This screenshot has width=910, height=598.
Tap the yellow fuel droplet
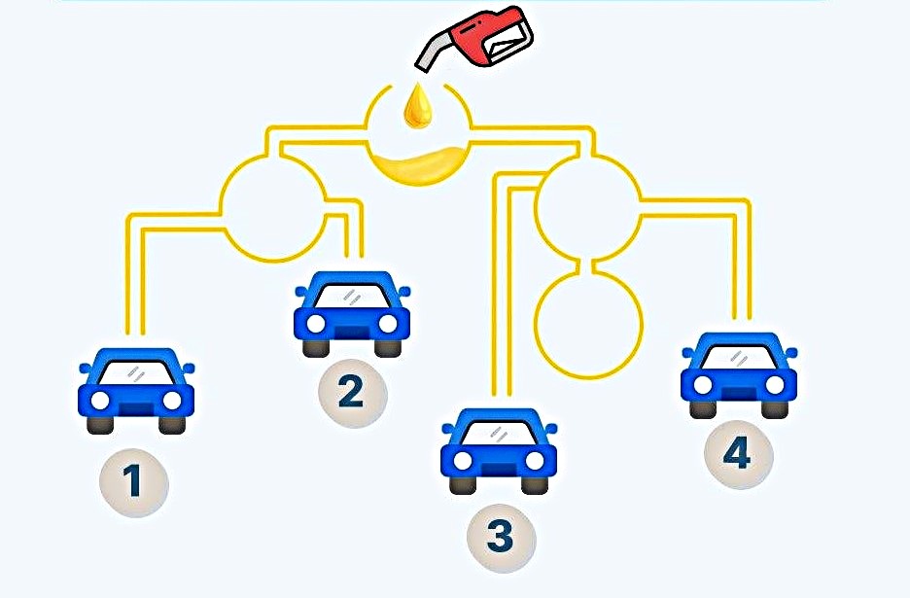[x=419, y=105]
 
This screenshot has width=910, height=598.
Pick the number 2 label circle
[x=351, y=392]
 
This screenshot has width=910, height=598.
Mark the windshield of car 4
[x=738, y=355]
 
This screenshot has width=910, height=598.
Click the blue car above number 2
[x=351, y=311]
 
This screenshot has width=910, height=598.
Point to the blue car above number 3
[x=499, y=449]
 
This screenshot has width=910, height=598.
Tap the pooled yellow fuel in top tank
[x=419, y=165]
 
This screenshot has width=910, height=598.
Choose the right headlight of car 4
[x=775, y=385]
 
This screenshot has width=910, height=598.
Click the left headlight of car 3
[x=463, y=459]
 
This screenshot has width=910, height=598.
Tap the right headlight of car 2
[x=388, y=323]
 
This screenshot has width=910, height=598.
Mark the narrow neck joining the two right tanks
[x=589, y=264]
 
